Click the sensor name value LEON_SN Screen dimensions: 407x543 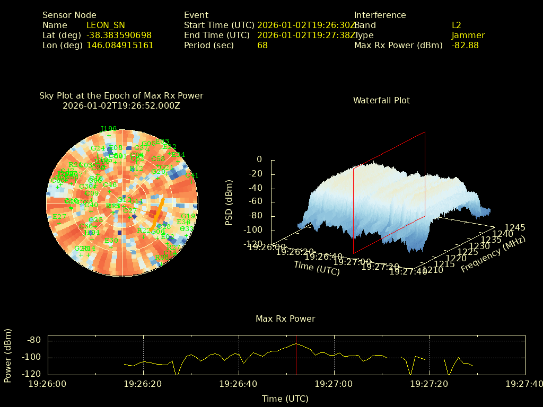pos(106,25)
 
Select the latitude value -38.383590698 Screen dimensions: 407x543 pos(119,36)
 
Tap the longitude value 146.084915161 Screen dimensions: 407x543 pos(120,46)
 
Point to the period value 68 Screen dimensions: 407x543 pos(262,46)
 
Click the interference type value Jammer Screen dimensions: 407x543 pos(468,36)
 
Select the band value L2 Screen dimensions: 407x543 pos(457,25)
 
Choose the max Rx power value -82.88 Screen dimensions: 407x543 pos(465,46)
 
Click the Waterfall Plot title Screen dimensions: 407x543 pos(381,100)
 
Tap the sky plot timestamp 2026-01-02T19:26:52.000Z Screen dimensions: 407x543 pos(121,105)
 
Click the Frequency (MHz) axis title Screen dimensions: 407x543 pos(493,254)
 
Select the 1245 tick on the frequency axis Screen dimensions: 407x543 pos(515,227)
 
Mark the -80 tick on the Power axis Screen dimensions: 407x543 pos(34,340)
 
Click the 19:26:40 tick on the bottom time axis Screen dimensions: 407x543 pos(239,383)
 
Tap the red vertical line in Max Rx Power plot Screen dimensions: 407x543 pos(296,355)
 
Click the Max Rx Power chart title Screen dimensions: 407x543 pos(285,318)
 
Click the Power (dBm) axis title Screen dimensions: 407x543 pos(8,355)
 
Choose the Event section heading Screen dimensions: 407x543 pos(196,15)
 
